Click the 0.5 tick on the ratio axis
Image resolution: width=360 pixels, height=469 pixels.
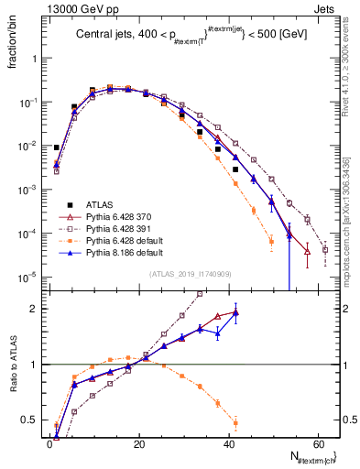(x=33, y=420)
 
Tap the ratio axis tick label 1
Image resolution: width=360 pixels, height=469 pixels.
(x=38, y=365)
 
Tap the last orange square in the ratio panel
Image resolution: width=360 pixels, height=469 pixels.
(x=235, y=422)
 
